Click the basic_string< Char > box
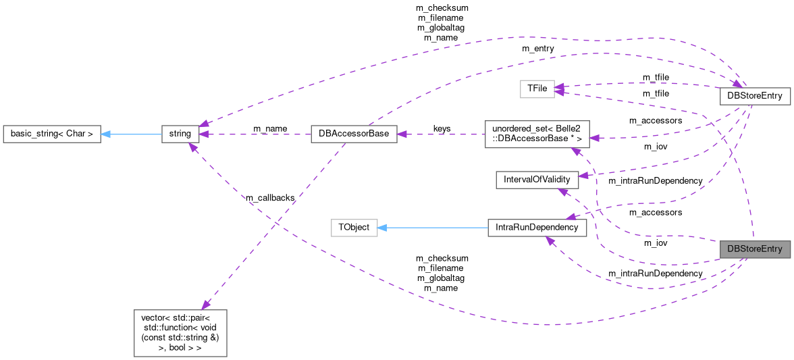click(51, 134)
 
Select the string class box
click(180, 134)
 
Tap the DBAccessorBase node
click(353, 134)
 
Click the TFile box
click(536, 88)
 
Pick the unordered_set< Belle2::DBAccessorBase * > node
click(537, 134)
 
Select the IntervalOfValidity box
click(537, 180)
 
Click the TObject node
click(353, 228)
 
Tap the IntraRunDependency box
click(537, 228)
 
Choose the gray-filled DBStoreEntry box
click(754, 249)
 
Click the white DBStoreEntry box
click(754, 96)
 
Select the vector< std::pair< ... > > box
click(180, 333)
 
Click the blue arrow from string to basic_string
click(132, 134)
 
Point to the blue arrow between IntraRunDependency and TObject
click(432, 228)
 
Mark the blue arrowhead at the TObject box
click(382, 228)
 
